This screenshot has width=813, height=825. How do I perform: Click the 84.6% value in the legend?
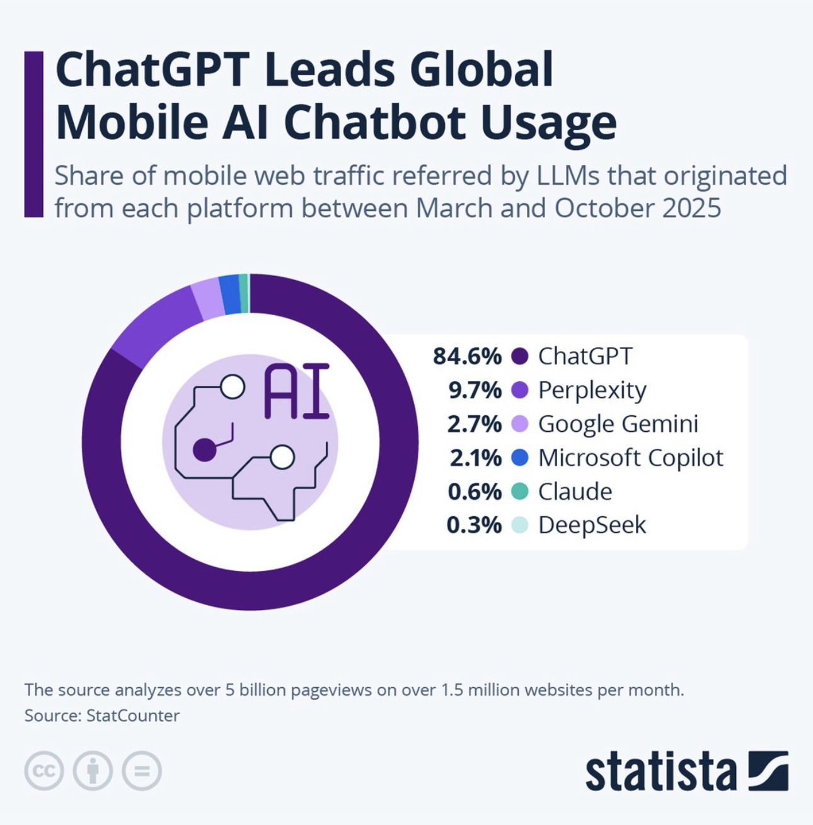click(467, 357)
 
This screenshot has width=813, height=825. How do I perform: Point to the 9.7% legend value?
click(475, 391)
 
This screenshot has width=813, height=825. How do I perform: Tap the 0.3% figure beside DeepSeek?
click(473, 525)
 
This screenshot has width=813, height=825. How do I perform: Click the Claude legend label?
click(575, 492)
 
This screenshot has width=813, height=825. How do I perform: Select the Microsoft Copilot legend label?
click(630, 458)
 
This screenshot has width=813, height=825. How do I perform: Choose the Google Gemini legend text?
click(618, 424)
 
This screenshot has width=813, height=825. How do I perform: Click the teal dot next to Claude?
click(519, 492)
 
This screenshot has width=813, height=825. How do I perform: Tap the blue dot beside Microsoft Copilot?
click(519, 458)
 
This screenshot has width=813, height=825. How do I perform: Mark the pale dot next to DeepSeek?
click(519, 525)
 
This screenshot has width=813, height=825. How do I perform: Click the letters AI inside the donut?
click(296, 391)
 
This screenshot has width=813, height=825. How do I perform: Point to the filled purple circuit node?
click(204, 451)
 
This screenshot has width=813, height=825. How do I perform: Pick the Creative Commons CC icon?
click(44, 771)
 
